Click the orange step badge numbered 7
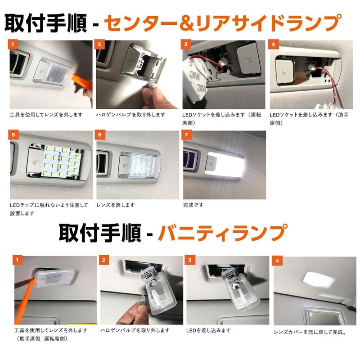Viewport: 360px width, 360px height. [x=187, y=135]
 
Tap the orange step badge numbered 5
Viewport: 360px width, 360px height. [x=14, y=135]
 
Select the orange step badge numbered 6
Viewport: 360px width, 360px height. [x=101, y=135]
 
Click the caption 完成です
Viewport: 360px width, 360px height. [x=193, y=205]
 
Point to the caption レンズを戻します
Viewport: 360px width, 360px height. [x=116, y=205]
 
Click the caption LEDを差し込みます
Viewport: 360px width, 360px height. [x=208, y=330]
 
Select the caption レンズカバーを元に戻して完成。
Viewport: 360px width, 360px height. [x=310, y=333]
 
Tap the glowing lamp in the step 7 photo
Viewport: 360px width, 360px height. [x=225, y=164]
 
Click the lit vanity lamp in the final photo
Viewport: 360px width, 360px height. [x=319, y=280]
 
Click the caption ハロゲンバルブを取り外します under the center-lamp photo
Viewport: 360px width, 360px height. [x=130, y=115]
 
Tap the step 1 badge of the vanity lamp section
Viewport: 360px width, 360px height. [x=18, y=260]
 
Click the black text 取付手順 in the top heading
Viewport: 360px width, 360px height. [x=45, y=23]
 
